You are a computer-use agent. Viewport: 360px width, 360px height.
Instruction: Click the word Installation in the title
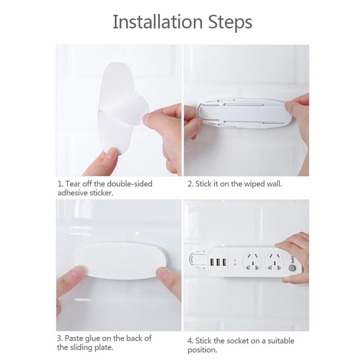click(158, 22)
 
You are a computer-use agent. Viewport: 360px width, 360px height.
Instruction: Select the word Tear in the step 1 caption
click(73, 184)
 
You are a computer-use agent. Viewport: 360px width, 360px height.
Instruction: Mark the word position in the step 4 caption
click(202, 350)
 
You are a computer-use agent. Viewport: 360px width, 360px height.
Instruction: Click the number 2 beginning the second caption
click(190, 184)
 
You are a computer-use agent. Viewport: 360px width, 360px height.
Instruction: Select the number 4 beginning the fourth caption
click(190, 341)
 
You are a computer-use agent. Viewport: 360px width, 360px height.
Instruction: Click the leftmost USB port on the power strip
click(212, 262)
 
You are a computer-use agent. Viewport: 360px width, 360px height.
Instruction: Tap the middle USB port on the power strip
click(218, 262)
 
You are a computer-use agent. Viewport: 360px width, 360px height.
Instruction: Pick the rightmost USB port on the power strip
click(224, 262)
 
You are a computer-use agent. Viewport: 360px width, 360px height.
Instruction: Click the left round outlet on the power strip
click(252, 262)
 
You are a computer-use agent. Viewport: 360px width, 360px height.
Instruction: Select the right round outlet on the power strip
click(275, 262)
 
